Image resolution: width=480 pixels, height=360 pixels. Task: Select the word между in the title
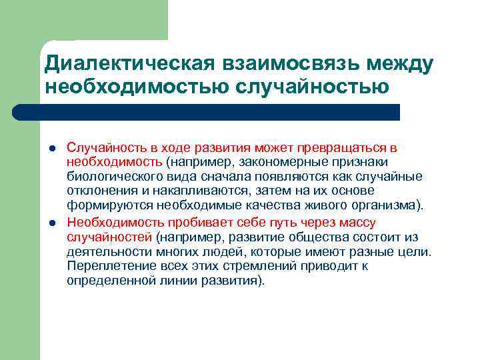click(396, 64)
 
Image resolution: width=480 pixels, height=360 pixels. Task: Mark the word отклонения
click(97, 192)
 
